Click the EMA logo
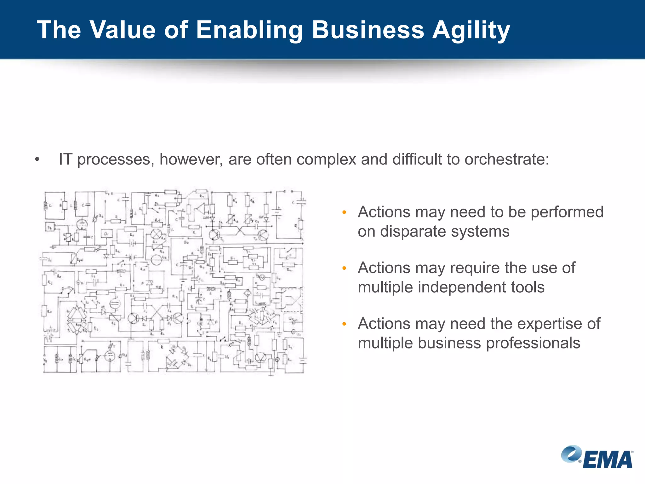pos(597,457)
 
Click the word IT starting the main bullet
pos(66,159)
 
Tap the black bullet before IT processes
pos(37,159)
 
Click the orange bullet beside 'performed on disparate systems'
pos(344,212)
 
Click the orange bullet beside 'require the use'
pos(344,268)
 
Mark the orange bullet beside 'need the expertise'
pos(344,324)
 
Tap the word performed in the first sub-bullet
pos(567,212)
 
